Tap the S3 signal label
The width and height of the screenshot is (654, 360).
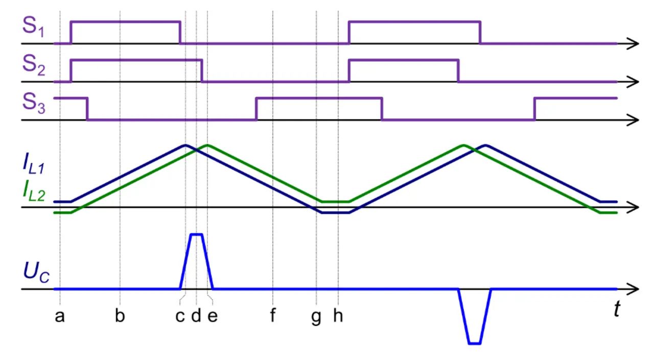click(34, 103)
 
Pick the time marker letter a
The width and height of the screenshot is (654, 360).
click(60, 317)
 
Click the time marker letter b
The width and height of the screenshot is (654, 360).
click(120, 317)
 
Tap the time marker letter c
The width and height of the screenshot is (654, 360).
click(180, 317)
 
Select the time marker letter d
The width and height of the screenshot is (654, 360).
click(196, 317)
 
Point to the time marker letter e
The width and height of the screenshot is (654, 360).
click(213, 317)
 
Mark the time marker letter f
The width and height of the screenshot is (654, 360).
click(273, 317)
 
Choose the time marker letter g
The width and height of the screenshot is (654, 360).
click(317, 318)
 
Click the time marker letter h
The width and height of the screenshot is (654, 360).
click(338, 317)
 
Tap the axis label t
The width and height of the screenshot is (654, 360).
click(618, 309)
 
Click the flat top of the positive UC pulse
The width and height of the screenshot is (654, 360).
click(196, 234)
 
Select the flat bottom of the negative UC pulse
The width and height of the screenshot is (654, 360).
click(475, 344)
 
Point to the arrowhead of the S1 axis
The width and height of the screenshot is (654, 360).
click(634, 44)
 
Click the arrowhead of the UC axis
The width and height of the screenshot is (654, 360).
click(634, 289)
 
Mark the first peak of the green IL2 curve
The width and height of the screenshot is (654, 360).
click(207, 146)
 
